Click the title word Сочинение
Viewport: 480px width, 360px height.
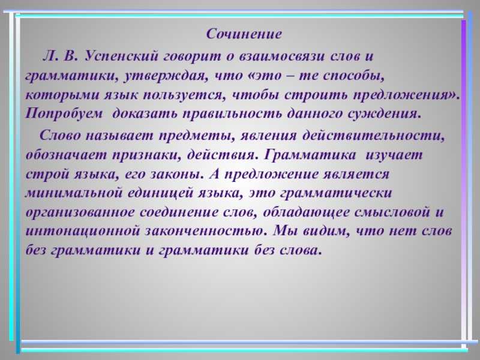click(244, 34)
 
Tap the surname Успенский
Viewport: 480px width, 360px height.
click(122, 56)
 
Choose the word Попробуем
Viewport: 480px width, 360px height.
click(64, 114)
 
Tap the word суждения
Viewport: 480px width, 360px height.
click(385, 114)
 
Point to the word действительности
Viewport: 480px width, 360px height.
click(373, 136)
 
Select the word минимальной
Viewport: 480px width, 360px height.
click(73, 193)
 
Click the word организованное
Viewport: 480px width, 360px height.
click(80, 212)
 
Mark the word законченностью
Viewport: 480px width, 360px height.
click(203, 231)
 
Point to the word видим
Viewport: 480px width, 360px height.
click(326, 231)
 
